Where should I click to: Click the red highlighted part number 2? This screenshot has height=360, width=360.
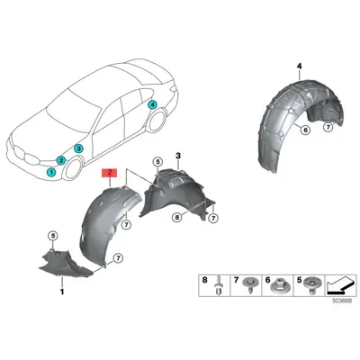110,173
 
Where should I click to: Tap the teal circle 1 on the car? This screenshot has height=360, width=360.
51,172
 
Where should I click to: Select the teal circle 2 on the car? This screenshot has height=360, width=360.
61,160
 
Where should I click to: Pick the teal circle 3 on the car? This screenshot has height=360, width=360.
78,148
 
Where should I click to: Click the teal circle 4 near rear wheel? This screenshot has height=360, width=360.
152,104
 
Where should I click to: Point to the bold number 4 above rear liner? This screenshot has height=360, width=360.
300,67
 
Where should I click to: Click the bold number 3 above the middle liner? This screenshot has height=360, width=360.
178,156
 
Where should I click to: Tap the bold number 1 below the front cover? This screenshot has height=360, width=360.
62,292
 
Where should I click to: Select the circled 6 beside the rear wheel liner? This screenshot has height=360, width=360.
305,130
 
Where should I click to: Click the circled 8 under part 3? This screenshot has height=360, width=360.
177,218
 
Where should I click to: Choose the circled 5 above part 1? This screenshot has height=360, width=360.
53,236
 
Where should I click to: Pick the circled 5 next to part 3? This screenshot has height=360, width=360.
157,162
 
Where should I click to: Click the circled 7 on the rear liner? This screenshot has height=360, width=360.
328,127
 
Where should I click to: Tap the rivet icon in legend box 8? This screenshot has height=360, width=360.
218,285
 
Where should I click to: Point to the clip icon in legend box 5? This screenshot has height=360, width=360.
311,284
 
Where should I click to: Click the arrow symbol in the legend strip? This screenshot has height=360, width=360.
341,285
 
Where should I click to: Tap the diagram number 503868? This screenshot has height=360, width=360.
341,301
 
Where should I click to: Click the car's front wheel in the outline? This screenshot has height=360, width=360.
72,169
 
